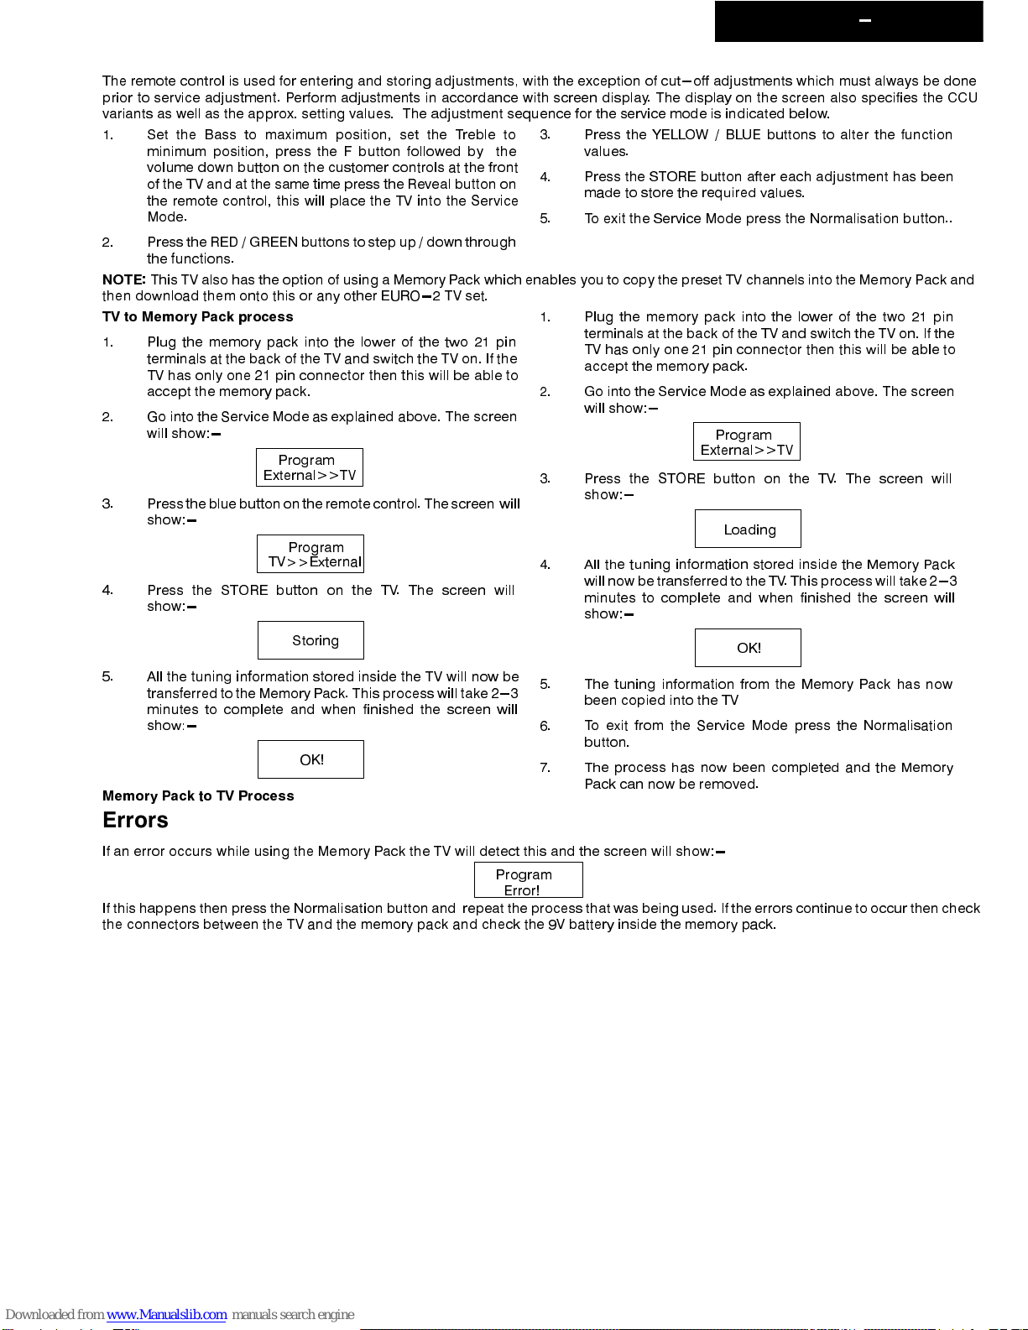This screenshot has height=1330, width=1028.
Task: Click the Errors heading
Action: (x=135, y=821)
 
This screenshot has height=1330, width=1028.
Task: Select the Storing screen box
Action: (x=310, y=640)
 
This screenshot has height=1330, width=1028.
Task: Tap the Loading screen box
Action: (x=748, y=529)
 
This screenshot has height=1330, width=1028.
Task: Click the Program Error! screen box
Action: (x=528, y=880)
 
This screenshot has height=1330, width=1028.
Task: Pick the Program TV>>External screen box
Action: (x=310, y=554)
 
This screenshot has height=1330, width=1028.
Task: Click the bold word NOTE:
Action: (x=123, y=279)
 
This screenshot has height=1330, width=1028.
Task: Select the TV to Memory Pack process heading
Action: (x=197, y=316)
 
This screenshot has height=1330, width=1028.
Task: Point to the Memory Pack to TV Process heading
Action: (x=198, y=795)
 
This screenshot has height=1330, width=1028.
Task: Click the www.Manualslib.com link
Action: (x=166, y=1314)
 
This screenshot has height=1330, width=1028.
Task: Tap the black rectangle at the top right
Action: (x=848, y=21)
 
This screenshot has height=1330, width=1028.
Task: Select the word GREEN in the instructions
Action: (x=274, y=242)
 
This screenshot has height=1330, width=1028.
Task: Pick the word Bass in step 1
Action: (x=220, y=134)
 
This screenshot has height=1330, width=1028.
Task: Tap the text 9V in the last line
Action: (x=556, y=924)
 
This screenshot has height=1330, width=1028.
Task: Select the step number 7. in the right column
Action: (x=545, y=767)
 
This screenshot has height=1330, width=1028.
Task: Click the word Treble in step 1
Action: (x=475, y=134)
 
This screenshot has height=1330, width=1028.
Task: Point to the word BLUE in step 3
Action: (x=744, y=134)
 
